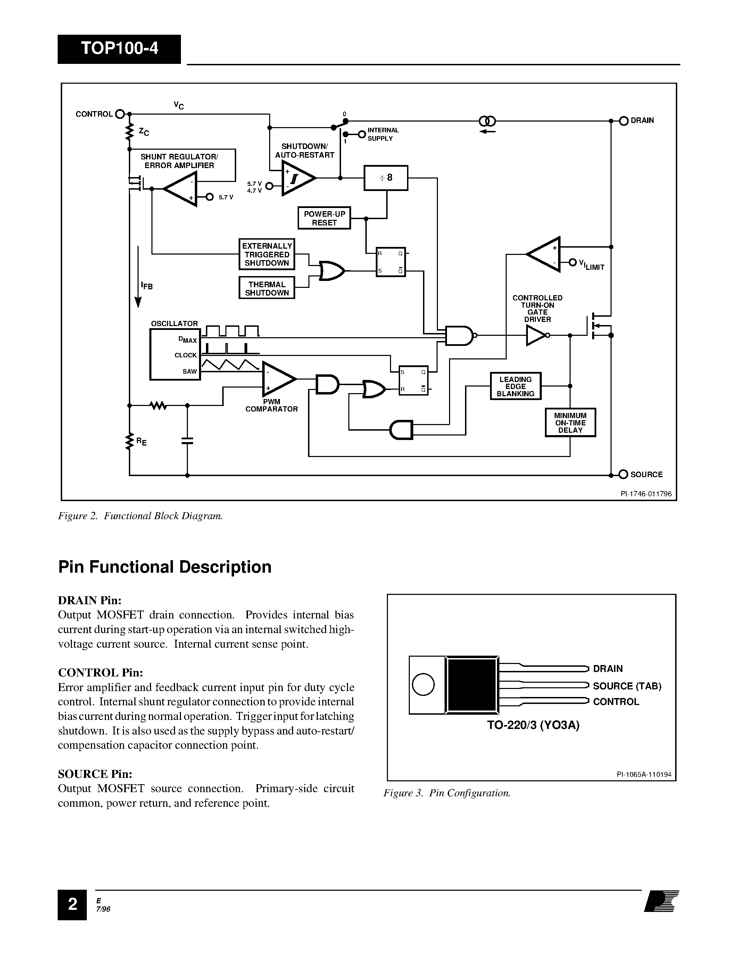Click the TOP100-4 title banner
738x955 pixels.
[x=119, y=49]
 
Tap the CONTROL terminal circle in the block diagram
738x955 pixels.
[x=120, y=114]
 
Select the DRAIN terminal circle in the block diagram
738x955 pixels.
[x=624, y=121]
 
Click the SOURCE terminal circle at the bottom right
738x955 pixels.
[x=623, y=474]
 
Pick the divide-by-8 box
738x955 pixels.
[x=385, y=178]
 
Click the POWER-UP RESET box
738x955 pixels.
[x=324, y=218]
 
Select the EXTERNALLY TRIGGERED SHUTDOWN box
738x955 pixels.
[x=267, y=255]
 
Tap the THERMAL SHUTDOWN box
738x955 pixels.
[x=267, y=289]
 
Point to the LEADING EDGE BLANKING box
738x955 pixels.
[x=515, y=387]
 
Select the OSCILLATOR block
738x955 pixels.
[x=175, y=355]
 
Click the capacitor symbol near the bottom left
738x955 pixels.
[x=187, y=440]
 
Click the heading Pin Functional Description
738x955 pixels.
[x=165, y=567]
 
